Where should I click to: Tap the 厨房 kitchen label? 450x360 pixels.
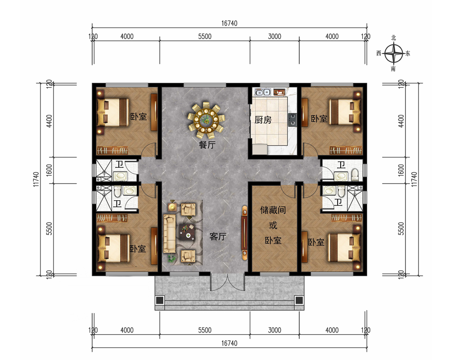[263, 120]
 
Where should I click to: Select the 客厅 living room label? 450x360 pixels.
[218, 237]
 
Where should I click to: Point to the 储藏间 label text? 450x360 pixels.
[273, 210]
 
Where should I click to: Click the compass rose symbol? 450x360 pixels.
[394, 53]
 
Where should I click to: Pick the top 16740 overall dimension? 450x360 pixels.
[229, 23]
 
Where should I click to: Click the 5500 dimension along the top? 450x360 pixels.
[205, 36]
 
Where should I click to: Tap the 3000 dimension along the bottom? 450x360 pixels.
[274, 330]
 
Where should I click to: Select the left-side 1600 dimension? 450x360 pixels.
[49, 170]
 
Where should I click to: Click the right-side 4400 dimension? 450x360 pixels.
[401, 121]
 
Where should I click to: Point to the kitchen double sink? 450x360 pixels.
[263, 92]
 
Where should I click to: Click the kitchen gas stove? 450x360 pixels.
[292, 119]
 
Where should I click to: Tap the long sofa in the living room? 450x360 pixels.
[169, 234]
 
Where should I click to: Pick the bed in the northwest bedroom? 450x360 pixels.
[112, 112]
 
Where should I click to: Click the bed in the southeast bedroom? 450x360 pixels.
[344, 247]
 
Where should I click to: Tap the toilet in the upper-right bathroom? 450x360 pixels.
[355, 175]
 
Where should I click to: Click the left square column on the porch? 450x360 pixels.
[160, 300]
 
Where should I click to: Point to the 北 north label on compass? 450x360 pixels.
[393, 38]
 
